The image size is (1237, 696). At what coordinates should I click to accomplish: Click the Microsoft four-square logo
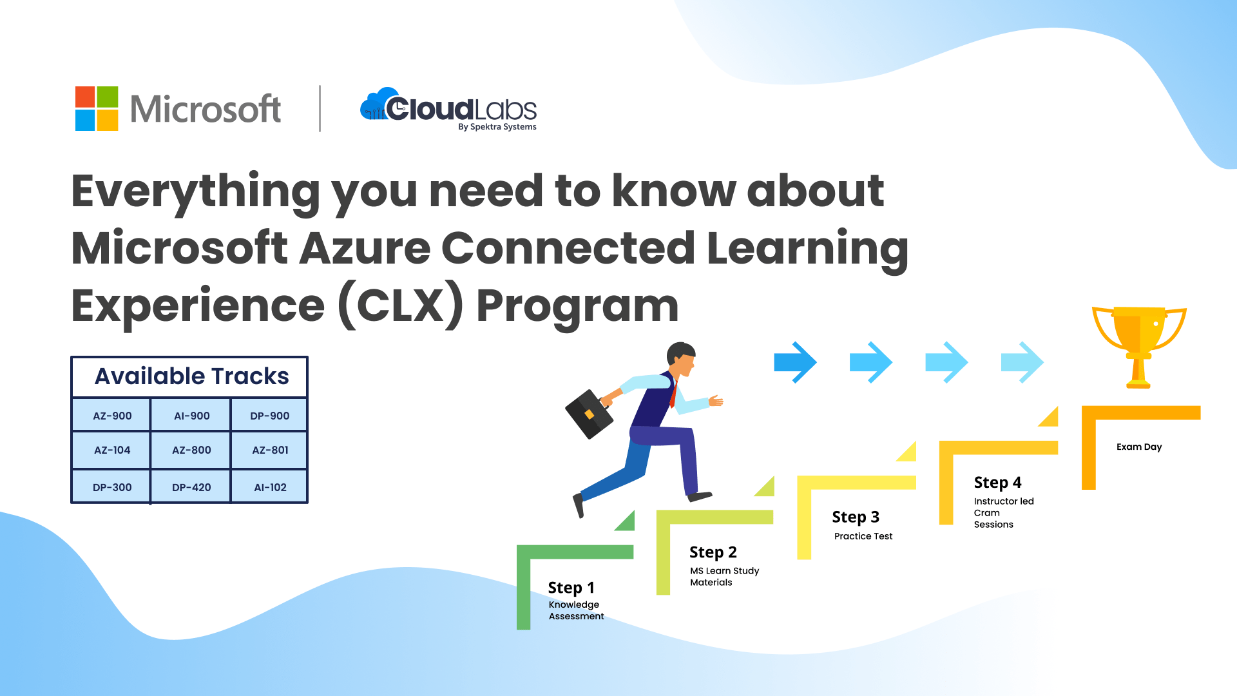(97, 108)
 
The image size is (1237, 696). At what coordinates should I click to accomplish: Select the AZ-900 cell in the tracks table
(112, 416)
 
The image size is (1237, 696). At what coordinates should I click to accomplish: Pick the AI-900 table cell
(191, 416)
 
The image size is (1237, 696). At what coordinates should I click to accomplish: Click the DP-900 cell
(269, 416)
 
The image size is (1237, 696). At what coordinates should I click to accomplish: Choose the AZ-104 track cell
(112, 450)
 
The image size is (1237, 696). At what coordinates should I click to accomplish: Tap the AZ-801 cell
(269, 450)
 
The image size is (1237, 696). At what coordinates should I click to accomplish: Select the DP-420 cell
(191, 487)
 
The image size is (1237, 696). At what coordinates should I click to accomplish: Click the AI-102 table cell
(269, 487)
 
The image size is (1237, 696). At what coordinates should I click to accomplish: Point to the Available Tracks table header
(191, 376)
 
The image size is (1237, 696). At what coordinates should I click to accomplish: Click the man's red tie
(674, 394)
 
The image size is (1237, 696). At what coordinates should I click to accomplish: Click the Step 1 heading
(571, 588)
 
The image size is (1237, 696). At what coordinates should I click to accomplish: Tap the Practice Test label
(863, 536)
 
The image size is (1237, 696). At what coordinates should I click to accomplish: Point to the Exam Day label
(1139, 447)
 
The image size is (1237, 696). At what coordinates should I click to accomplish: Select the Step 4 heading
(997, 483)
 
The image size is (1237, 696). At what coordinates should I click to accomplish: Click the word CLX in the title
(401, 305)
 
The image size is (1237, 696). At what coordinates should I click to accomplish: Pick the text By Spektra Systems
(497, 127)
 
